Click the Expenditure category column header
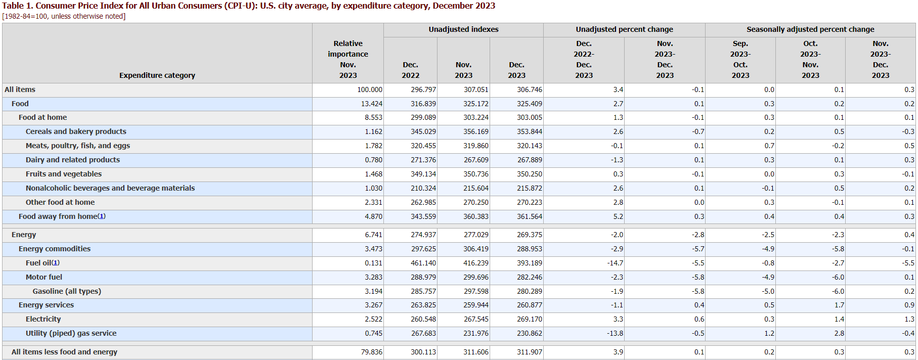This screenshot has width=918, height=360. tap(157, 75)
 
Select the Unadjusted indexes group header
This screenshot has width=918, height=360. tap(463, 29)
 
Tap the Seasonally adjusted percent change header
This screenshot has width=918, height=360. tap(810, 29)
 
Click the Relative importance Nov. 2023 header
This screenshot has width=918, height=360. tap(348, 59)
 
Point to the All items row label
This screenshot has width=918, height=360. tap(20, 89)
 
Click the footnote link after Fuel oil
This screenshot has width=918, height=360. tap(56, 263)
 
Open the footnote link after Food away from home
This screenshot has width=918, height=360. tap(102, 216)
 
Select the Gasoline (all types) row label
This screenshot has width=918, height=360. tap(67, 291)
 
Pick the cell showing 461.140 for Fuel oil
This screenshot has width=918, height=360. tap(423, 263)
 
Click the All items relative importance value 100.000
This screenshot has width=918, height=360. tap(370, 89)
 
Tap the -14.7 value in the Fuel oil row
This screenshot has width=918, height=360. tap(615, 263)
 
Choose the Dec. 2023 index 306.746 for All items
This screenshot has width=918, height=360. tap(530, 89)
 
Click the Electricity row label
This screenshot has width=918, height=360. tap(43, 319)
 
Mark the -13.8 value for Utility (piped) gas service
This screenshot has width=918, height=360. tap(615, 333)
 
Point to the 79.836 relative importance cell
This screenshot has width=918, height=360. tap(372, 352)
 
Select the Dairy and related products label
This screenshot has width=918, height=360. tap(73, 160)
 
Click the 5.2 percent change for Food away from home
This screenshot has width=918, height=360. tap(618, 216)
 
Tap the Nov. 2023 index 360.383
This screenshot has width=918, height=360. tap(476, 216)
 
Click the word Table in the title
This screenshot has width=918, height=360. tap(13, 6)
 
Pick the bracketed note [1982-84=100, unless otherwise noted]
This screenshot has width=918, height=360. tap(64, 16)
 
